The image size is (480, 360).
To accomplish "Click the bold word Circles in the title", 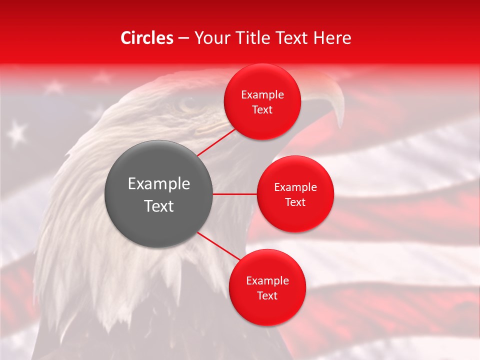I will [146, 38].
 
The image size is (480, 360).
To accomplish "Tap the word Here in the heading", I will [332, 38].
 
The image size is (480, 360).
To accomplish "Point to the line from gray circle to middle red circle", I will [234, 194].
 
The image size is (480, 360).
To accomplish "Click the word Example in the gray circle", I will [159, 184].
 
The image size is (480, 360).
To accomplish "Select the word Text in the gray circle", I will [159, 206].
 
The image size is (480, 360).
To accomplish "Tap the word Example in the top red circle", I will [262, 95].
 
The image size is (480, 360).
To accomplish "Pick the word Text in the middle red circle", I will [295, 202].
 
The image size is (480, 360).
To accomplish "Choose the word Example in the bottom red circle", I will [267, 281].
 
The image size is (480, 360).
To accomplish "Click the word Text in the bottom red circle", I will [267, 296].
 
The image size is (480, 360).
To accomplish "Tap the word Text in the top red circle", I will [262, 110].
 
